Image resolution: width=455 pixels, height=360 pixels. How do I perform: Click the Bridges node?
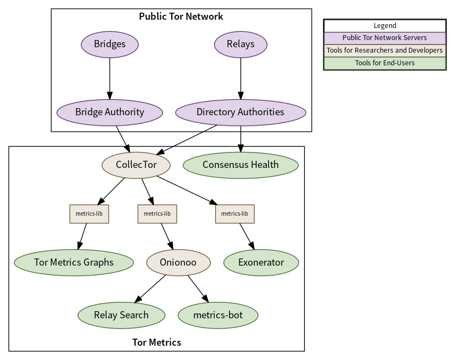coord(110,44)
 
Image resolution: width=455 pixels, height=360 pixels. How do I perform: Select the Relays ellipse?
coord(240,44)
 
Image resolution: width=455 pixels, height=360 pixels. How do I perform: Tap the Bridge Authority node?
coord(110,113)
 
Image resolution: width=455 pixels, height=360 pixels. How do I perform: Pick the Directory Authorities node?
coord(240,113)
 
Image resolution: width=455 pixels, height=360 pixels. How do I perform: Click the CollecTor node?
coord(136,165)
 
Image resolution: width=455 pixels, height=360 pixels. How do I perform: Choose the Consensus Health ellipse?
coord(240,165)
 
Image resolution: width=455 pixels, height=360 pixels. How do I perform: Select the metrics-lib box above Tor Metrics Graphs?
coord(89,214)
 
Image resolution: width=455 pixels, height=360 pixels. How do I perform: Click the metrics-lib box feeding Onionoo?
coord(158,214)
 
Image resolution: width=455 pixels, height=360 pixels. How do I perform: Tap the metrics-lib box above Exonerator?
coord(235,214)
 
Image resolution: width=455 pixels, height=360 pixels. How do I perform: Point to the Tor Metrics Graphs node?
coord(74,262)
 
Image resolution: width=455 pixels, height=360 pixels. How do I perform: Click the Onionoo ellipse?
coord(178,262)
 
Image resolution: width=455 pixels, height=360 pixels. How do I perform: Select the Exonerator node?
coord(261,262)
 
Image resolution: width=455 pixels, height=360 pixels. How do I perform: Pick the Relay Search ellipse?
coord(121,316)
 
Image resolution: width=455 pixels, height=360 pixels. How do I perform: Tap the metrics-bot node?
coord(218,316)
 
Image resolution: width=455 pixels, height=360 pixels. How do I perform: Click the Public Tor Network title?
coord(181,16)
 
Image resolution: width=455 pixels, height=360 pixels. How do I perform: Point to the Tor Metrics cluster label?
coord(156,342)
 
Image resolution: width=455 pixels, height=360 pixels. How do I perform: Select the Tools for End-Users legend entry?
coord(385,63)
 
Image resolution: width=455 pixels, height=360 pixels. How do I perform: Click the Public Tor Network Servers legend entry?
coord(385,38)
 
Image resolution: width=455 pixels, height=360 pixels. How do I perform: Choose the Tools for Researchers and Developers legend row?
coord(385,50)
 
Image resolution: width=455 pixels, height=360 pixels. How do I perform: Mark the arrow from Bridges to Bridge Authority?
coord(110,78)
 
